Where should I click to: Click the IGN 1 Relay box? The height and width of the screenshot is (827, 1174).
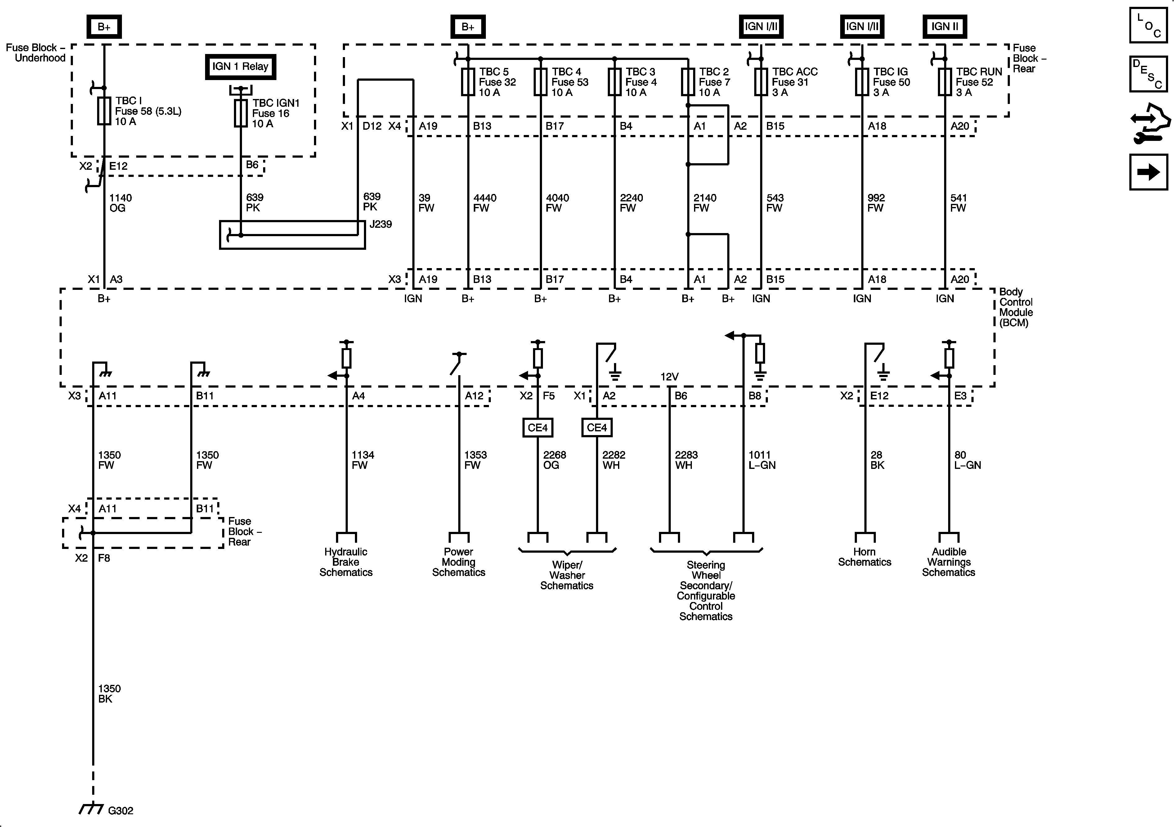[x=240, y=66]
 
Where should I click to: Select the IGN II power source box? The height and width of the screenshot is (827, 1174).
[x=944, y=27]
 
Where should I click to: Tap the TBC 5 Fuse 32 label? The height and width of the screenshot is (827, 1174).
[x=497, y=82]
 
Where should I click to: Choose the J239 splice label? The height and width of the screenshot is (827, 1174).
[x=380, y=224]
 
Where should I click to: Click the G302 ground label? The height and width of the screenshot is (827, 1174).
[x=121, y=810]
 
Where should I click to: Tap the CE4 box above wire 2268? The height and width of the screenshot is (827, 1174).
[x=537, y=428]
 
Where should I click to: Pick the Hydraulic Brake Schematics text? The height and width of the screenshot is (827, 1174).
[x=346, y=562]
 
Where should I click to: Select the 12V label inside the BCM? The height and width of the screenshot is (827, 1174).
[x=669, y=377]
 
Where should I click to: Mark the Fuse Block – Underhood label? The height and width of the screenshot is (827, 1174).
[x=35, y=53]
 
